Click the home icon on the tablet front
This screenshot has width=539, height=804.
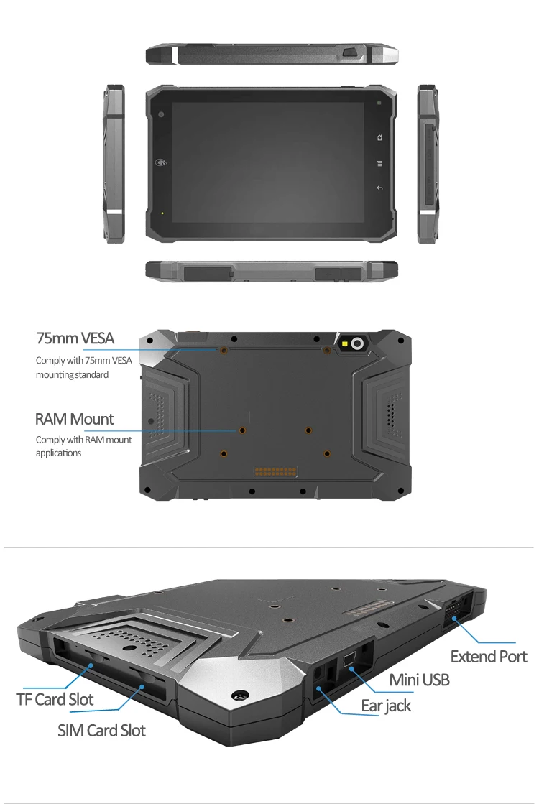379,137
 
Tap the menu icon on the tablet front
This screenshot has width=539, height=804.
379,163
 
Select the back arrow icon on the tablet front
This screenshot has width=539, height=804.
379,188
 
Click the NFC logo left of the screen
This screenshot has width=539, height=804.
160,163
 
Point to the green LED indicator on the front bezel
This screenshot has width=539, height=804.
162,213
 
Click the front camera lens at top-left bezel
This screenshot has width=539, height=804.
161,114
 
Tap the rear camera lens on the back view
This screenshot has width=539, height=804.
355,343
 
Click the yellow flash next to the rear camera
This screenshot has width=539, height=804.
344,343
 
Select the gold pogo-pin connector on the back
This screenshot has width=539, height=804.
275,473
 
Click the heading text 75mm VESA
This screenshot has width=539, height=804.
75,338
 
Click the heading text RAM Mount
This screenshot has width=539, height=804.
75,419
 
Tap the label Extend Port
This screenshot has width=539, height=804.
489,656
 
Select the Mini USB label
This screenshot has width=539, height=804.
420,679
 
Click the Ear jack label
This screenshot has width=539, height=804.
386,706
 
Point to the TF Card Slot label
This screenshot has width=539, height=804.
55,699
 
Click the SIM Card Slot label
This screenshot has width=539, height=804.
101,731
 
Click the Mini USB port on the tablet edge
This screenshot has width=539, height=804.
350,659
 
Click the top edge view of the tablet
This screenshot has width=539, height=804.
273,54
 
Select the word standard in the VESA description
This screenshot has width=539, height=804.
92,375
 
